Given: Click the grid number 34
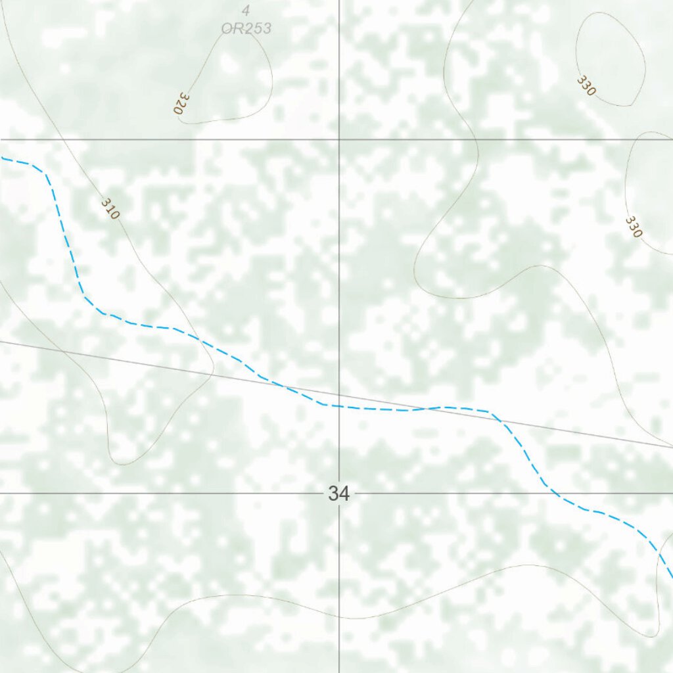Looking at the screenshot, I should coord(338,494).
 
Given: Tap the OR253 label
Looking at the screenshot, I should coord(245,28).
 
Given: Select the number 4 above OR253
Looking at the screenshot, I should coord(245,11).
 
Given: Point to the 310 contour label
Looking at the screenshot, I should coord(111,208).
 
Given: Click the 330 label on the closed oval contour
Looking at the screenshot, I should coord(586,85).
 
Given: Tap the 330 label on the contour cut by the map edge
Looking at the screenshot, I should coord(634,226).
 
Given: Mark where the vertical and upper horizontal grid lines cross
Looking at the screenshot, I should coord(339,139).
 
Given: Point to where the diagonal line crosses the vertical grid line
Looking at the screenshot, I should coord(339,395).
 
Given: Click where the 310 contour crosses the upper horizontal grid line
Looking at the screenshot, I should coord(66,139).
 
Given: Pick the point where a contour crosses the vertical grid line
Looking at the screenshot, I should coord(339,618).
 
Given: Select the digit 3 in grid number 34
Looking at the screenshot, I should coord(333,494).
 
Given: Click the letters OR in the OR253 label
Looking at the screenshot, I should coord(229,28).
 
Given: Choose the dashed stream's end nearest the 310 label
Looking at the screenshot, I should coord(2,158).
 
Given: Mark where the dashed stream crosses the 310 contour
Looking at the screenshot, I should coord(197,338).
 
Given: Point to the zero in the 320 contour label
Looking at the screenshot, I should coord(177,110).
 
